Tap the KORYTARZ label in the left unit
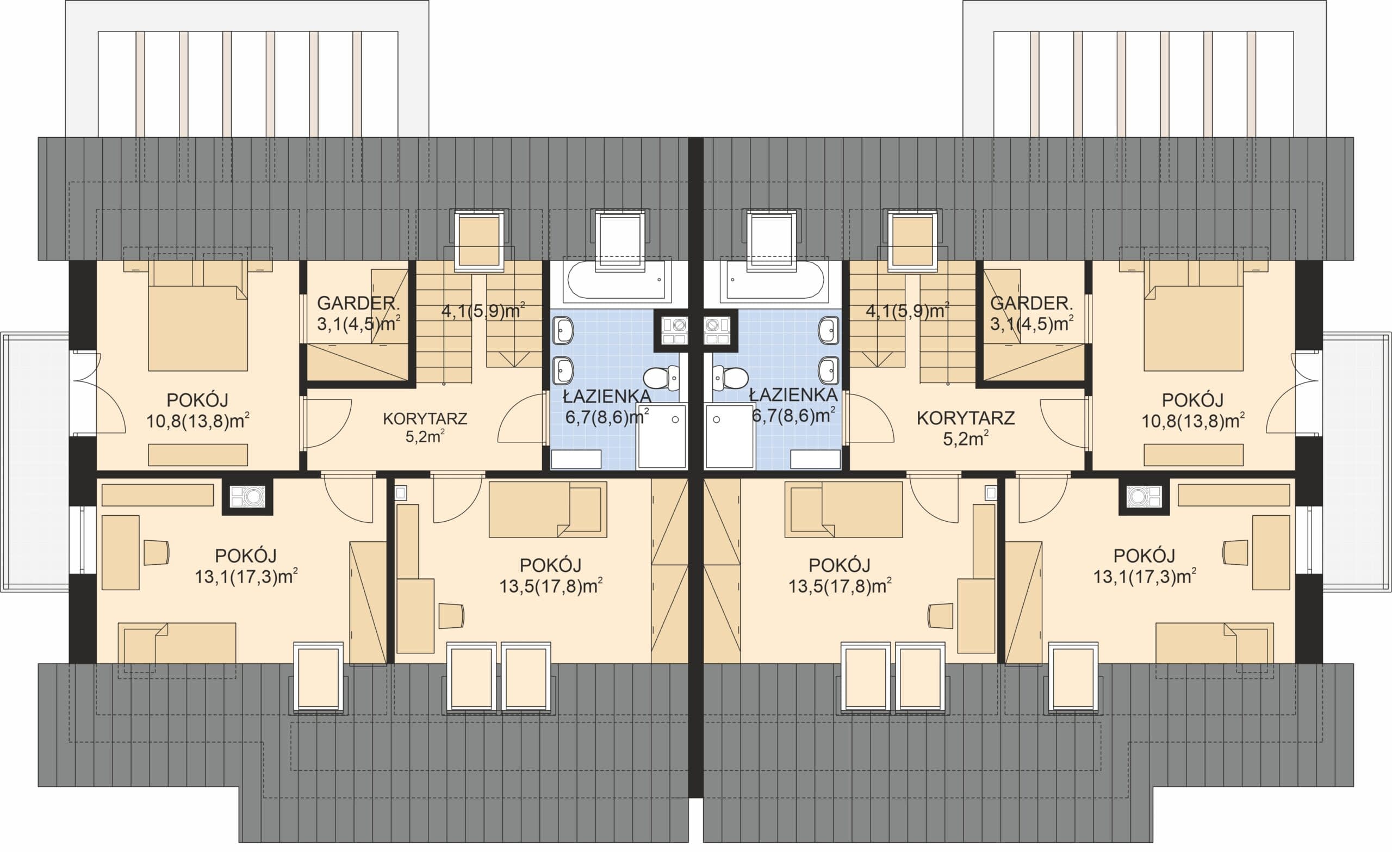(425, 419)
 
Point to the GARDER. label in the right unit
(1030, 304)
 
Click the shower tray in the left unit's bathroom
(662, 436)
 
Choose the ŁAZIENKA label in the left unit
(607, 396)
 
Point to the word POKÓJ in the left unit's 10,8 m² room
(197, 400)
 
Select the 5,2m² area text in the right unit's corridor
(966, 438)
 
